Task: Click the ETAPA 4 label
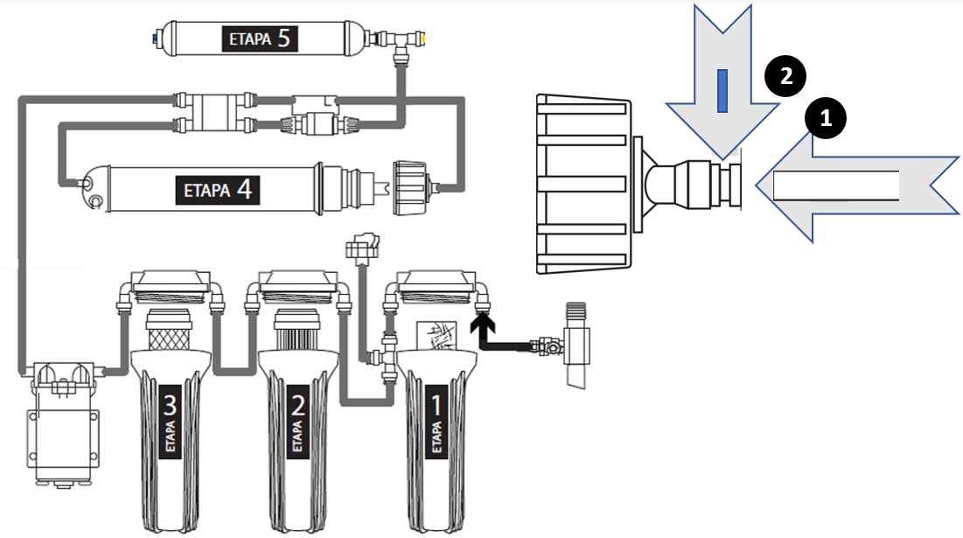coord(218,187)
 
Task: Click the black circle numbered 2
coord(786,76)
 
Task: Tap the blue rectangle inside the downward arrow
coord(722,91)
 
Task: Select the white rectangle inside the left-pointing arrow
coord(836,185)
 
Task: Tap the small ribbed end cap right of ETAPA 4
coord(412,180)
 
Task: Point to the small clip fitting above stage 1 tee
coord(360,244)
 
